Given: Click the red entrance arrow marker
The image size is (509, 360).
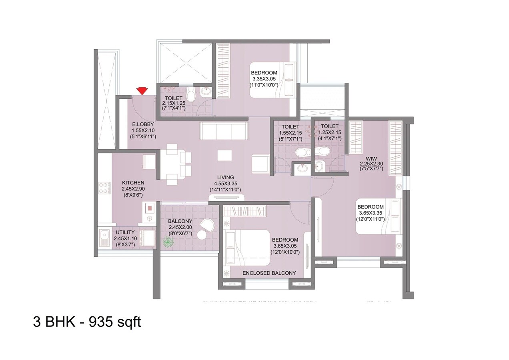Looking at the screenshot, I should (x=141, y=91).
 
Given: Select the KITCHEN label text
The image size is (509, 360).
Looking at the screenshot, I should (x=133, y=183).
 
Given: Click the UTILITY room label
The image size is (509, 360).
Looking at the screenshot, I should (x=125, y=232).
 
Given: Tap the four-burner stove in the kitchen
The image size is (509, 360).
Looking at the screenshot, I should (x=104, y=188).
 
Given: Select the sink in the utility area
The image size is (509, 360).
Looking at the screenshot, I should (x=105, y=238).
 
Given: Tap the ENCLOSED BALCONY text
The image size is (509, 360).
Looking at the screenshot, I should (x=269, y=273).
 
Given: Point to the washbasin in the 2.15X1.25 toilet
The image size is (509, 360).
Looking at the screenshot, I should (x=206, y=92).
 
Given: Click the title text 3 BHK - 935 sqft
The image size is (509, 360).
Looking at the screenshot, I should (x=87, y=322).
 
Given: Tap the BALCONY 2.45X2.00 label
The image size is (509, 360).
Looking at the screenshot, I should (x=180, y=221).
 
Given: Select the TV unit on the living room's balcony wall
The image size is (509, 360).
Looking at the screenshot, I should (x=227, y=197).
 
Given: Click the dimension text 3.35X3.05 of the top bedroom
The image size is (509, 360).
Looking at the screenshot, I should (x=264, y=79).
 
